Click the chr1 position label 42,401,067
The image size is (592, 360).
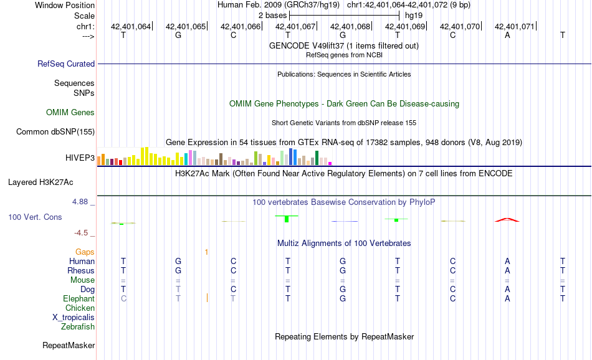(x=295, y=27)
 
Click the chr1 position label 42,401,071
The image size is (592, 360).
(x=515, y=27)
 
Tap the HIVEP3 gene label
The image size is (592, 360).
(x=80, y=158)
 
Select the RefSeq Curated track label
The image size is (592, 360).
(x=66, y=64)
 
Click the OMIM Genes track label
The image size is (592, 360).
(x=70, y=113)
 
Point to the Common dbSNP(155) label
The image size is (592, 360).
(x=55, y=131)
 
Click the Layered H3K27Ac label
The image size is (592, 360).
(x=41, y=182)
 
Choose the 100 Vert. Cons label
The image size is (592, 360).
(x=35, y=217)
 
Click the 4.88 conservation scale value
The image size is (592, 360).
(x=82, y=202)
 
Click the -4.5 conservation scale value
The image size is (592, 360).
(x=83, y=233)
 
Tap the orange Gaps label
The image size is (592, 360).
(x=85, y=252)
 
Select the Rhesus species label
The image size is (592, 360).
(x=81, y=270)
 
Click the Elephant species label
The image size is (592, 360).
(x=79, y=298)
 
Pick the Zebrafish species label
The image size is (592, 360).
(x=78, y=326)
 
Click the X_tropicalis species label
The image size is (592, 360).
(x=74, y=317)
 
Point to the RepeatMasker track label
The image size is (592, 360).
(x=69, y=345)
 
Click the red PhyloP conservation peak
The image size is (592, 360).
(x=507, y=219)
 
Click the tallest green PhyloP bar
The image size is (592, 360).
(x=286, y=219)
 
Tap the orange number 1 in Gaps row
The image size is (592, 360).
(x=206, y=252)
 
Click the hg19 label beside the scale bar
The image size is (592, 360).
(x=414, y=14)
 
